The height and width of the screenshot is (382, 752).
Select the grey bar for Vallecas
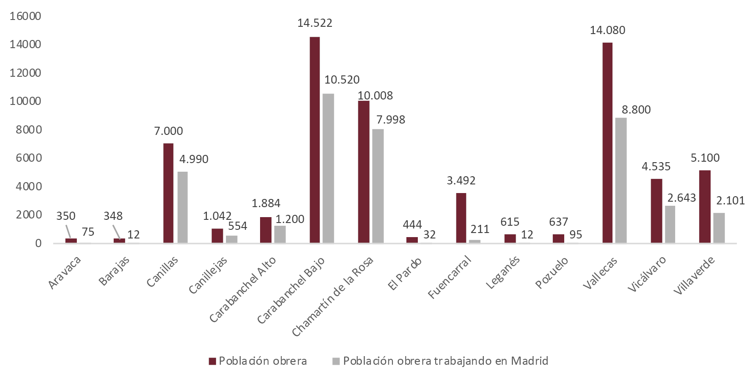(621, 180)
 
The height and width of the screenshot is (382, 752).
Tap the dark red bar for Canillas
(168, 193)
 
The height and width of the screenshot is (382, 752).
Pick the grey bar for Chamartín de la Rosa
(377, 186)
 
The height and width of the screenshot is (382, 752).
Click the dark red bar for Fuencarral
(461, 218)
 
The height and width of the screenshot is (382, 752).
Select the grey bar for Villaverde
(719, 228)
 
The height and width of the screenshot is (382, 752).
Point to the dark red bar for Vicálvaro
(656, 211)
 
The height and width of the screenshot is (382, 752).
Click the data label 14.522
(315, 23)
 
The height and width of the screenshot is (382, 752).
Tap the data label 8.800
(636, 110)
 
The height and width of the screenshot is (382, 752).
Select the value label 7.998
(391, 120)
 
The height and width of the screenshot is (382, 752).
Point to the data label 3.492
(461, 181)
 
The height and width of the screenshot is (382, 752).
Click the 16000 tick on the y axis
(25, 16)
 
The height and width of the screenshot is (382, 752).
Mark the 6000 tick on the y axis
(25, 158)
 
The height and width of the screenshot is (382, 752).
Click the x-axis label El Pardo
(405, 274)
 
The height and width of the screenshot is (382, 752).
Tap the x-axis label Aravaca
(65, 273)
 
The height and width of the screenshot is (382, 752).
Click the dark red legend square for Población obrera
(212, 361)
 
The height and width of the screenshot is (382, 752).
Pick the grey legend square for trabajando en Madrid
(336, 361)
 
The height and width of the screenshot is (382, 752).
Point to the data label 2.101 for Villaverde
(730, 201)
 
